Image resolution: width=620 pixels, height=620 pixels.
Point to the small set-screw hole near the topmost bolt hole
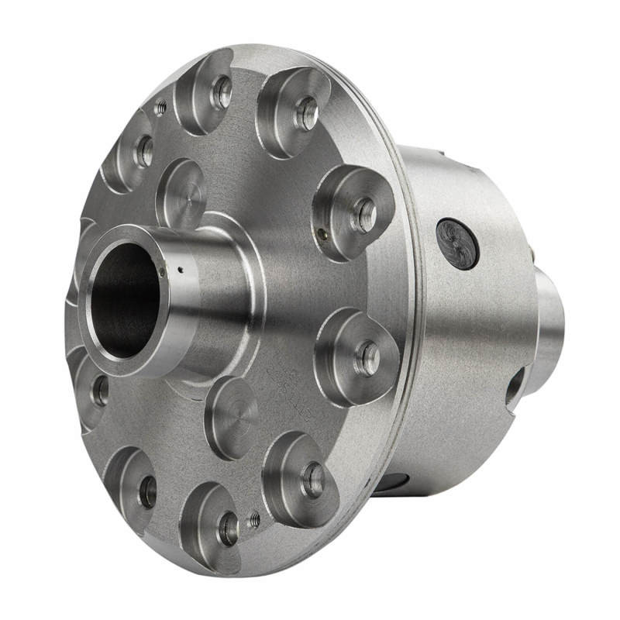(160, 108)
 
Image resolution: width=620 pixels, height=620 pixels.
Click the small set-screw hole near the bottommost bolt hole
(253, 522)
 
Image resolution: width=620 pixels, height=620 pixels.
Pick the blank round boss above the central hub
(181, 193)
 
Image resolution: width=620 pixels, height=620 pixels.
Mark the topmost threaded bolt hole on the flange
(222, 93)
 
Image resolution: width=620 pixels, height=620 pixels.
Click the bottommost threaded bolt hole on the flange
(228, 529)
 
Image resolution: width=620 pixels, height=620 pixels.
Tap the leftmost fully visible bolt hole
(101, 391)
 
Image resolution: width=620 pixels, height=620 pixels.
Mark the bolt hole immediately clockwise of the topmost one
(307, 113)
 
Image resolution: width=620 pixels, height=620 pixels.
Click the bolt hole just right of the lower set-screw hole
(313, 480)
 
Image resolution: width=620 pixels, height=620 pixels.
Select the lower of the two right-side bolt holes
(366, 358)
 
